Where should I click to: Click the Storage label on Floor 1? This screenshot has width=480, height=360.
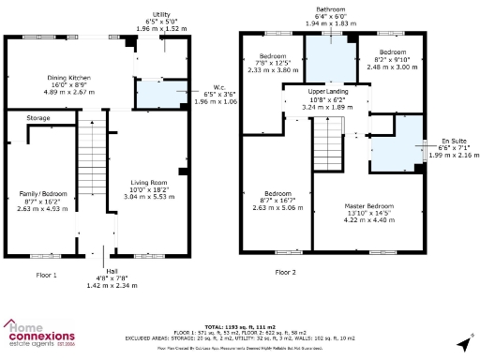coord(38,118)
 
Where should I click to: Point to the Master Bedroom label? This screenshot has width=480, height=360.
coord(368,205)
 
